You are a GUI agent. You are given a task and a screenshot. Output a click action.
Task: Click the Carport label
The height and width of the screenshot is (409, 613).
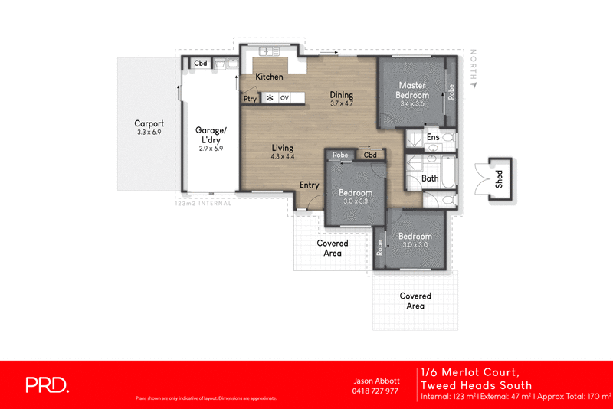149,123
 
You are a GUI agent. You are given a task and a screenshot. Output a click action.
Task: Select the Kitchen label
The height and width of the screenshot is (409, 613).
269,77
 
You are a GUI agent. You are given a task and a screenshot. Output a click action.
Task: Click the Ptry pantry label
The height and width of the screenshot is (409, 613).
250,98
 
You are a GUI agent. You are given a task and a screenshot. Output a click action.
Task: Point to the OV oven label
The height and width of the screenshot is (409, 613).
284,98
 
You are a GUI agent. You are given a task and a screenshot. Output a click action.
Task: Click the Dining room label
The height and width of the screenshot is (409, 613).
341,94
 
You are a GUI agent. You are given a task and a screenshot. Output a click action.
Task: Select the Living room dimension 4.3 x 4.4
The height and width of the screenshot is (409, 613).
283,156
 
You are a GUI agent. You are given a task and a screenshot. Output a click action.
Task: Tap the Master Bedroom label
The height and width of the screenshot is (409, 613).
412,90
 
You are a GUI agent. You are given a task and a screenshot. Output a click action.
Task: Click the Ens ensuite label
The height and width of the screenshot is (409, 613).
433,138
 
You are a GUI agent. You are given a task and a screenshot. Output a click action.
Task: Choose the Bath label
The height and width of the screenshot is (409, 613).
430,179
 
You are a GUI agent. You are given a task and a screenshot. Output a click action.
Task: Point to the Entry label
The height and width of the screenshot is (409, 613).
310,185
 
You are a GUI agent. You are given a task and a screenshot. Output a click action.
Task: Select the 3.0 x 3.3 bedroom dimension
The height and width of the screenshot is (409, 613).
356,201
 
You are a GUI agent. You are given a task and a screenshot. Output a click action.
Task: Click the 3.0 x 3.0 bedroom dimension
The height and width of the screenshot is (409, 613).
414,245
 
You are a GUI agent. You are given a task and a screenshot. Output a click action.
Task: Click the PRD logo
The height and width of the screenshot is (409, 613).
48,384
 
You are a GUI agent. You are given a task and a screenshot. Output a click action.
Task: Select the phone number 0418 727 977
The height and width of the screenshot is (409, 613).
375,391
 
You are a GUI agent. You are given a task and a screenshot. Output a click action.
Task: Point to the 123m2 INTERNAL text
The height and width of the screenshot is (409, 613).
202,203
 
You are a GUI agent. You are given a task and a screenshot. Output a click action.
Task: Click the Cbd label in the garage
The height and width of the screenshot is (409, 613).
201,64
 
